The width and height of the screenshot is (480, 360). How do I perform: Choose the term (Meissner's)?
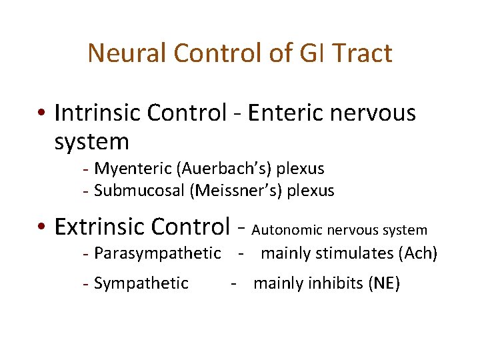point(235,191)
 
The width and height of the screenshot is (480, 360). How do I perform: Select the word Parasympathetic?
point(157,253)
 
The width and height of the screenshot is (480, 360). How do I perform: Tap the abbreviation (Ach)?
point(417,253)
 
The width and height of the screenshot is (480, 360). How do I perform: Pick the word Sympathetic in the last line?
point(141,283)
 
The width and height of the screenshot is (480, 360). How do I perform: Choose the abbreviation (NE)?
point(384,283)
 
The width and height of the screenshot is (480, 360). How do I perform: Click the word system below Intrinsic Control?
point(91,141)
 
